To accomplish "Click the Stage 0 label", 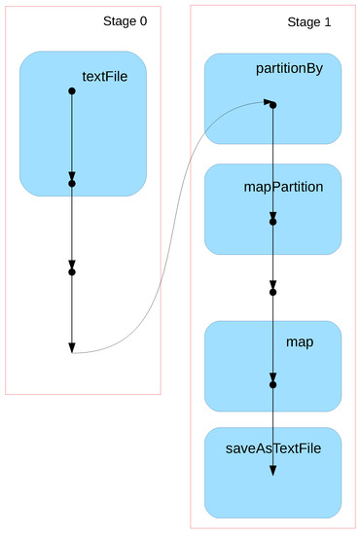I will pos(125,21).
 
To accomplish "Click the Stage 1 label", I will pos(308,21).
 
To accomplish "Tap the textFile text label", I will pos(104,75).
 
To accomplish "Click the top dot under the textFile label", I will pos(72,91).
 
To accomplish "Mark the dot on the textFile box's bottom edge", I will pos(72,182).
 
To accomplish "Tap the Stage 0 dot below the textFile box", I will pos(72,272).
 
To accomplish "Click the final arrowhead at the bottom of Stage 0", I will pos(72,346).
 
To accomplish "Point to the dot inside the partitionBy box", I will pos(273,104).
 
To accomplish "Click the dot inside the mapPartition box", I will pos(273,222).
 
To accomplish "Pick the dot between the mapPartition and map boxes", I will pos(273,292).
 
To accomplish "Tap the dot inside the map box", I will pos(273,385).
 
